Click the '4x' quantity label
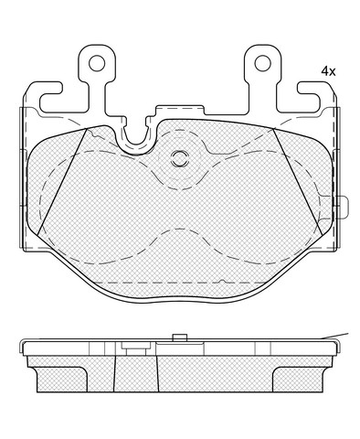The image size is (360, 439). (328, 71)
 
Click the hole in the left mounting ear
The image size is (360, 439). (97, 63)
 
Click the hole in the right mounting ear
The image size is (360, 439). (262, 63)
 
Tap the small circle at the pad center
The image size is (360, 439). (180, 158)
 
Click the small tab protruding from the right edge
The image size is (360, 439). (344, 208)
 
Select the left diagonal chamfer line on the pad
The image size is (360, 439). (62, 182)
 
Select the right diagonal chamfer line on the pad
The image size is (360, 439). (298, 182)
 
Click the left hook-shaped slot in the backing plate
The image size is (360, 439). (51, 97)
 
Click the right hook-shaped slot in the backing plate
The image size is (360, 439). (309, 97)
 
